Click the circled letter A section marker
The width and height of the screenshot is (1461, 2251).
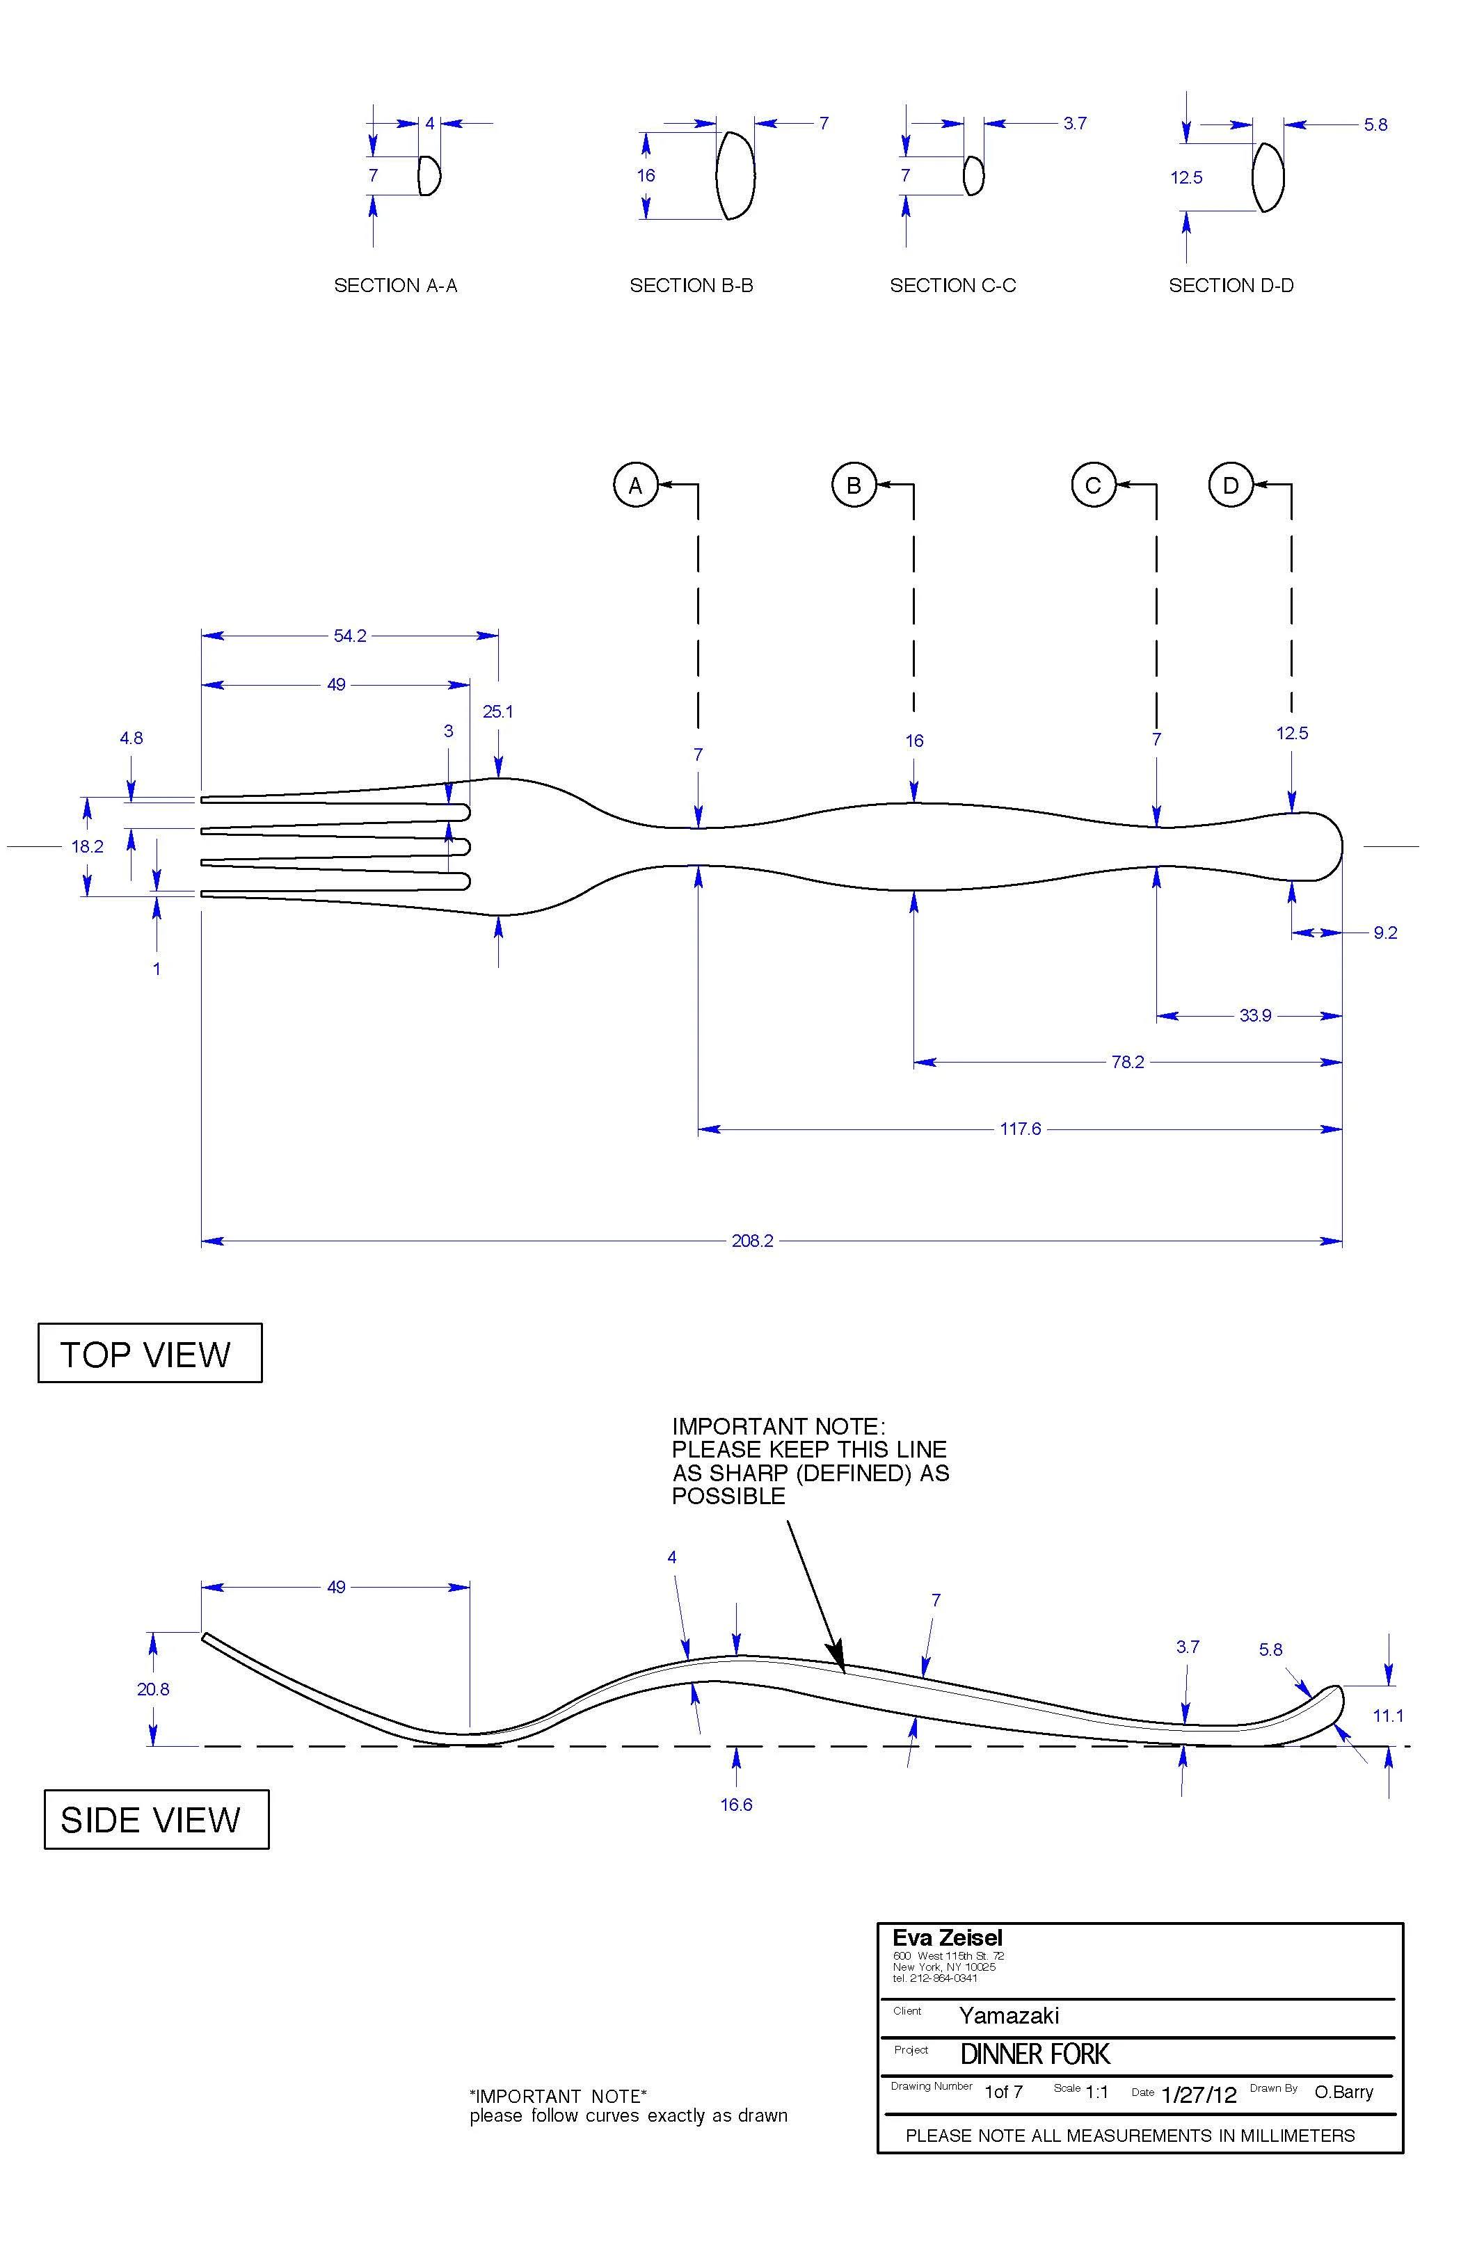[635, 485]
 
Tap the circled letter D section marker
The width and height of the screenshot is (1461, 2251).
[1230, 485]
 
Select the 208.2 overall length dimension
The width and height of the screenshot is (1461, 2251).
[752, 1240]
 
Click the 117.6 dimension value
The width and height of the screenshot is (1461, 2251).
[1020, 1129]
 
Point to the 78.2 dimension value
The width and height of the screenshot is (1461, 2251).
[1127, 1061]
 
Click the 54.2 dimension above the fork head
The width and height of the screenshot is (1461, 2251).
[349, 636]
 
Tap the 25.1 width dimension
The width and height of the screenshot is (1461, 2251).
[497, 711]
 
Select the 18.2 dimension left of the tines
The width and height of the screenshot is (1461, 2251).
[87, 846]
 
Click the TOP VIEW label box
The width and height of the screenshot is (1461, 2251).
[150, 1353]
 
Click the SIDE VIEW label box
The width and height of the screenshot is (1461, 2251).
[156, 1818]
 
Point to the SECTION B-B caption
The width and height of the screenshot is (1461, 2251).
[691, 284]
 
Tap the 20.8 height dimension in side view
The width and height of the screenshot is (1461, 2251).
[152, 1688]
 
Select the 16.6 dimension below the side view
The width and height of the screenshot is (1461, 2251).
[735, 1804]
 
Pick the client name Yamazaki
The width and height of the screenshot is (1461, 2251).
[1009, 2015]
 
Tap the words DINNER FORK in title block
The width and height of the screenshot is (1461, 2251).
[1035, 2054]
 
